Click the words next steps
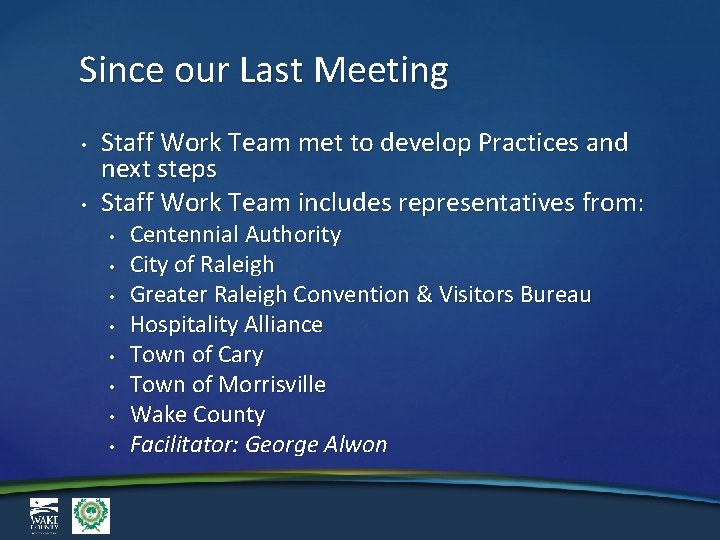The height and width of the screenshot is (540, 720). pyautogui.click(x=159, y=168)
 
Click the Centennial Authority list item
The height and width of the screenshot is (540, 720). pyautogui.click(x=235, y=235)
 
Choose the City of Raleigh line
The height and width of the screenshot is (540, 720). pyautogui.click(x=202, y=265)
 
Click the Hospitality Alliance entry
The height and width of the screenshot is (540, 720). pyautogui.click(x=226, y=325)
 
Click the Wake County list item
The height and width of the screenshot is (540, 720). pyautogui.click(x=198, y=415)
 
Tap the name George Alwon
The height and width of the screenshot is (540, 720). pyautogui.click(x=316, y=445)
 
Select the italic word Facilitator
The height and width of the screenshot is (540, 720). pyautogui.click(x=184, y=445)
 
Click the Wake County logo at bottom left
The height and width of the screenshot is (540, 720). pyautogui.click(x=43, y=515)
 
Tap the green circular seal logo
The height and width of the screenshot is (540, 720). pyautogui.click(x=91, y=515)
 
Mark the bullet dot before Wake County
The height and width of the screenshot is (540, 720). pyautogui.click(x=116, y=417)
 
